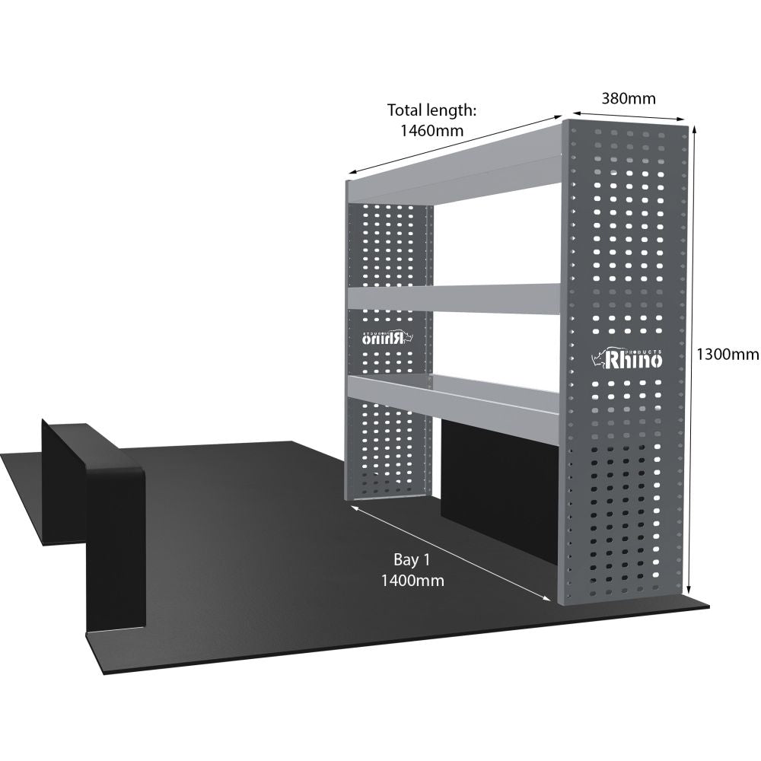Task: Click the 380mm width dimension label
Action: pyautogui.click(x=629, y=98)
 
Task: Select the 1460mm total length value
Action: pyautogui.click(x=432, y=131)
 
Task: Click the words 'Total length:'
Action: pyautogui.click(x=431, y=110)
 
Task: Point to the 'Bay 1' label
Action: pyautogui.click(x=412, y=559)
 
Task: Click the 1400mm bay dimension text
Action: pyautogui.click(x=412, y=581)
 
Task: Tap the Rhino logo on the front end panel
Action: pyautogui.click(x=626, y=358)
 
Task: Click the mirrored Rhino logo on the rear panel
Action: pyautogui.click(x=387, y=337)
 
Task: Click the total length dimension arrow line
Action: pyautogui.click(x=455, y=144)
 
